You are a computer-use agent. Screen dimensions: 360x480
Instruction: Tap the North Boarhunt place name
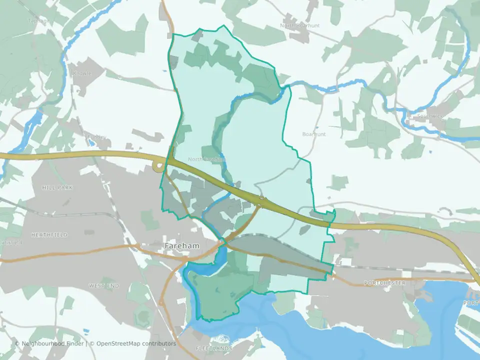pyautogui.click(x=300, y=25)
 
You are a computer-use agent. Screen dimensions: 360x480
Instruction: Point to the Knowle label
pyautogui.click(x=83, y=73)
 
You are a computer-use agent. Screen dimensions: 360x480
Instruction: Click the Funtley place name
pyautogui.click(x=97, y=136)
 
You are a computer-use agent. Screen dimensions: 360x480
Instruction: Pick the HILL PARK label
pyautogui.click(x=57, y=187)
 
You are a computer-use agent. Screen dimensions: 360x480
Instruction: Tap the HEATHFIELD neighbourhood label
pyautogui.click(x=49, y=234)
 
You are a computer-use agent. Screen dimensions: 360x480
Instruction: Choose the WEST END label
pyautogui.click(x=103, y=285)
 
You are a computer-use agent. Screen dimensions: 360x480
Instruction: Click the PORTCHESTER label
pyautogui.click(x=385, y=283)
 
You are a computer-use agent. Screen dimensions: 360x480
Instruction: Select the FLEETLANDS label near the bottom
pyautogui.click(x=214, y=347)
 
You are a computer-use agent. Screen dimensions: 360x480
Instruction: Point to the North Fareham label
pyautogui.click(x=206, y=159)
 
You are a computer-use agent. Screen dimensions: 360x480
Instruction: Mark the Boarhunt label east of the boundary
pyautogui.click(x=314, y=134)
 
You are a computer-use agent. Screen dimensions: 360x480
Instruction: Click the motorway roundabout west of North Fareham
pyautogui.click(x=159, y=166)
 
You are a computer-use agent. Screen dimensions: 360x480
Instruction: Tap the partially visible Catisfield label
pyautogui.click(x=11, y=243)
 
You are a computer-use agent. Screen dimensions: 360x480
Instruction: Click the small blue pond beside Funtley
pyautogui.click(x=90, y=141)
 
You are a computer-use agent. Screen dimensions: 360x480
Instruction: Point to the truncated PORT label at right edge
pyautogui.click(x=471, y=303)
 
